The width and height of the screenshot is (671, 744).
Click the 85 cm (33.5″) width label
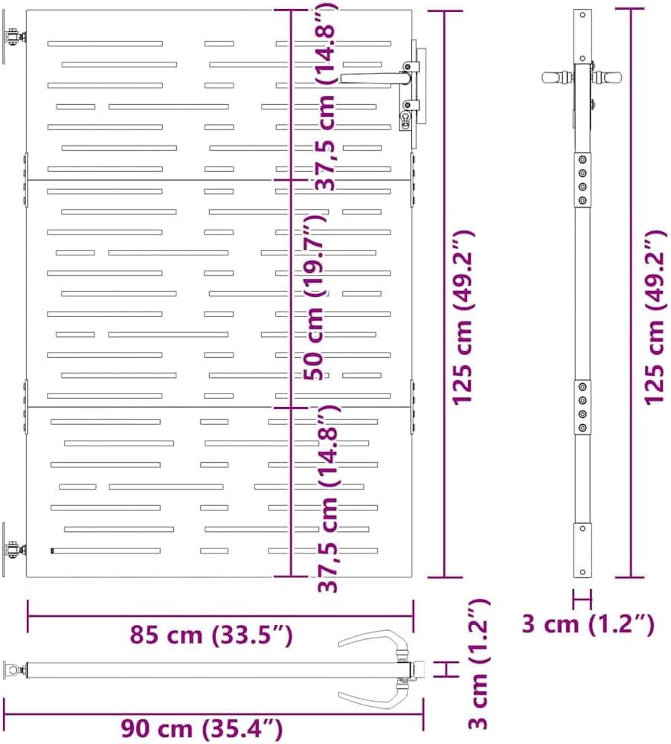211,635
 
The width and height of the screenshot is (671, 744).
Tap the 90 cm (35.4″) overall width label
202,728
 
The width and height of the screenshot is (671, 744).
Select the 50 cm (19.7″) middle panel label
315,297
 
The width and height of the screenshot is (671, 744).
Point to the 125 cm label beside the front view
463,317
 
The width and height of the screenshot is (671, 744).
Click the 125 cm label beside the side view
655,317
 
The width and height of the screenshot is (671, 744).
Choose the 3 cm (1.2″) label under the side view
588,624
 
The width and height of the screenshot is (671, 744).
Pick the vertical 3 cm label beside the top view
478,664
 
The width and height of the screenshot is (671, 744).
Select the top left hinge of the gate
14,37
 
